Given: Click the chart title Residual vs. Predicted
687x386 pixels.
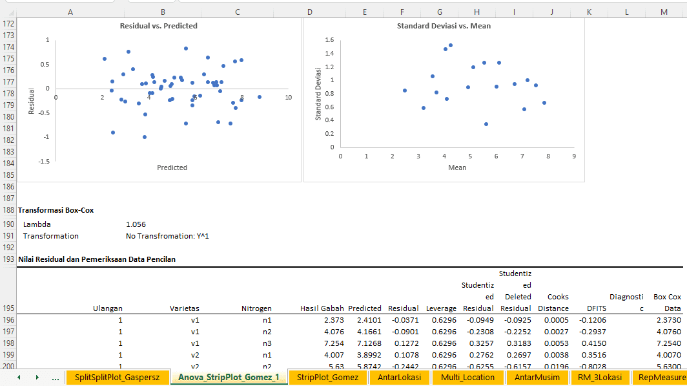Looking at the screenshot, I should (159, 26).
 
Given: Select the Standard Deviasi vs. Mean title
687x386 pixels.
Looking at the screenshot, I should (444, 26).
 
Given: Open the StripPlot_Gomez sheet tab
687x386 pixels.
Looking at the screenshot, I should (327, 377).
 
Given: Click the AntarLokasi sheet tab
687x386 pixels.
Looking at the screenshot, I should (399, 377).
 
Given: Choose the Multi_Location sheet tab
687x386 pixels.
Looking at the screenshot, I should (467, 377).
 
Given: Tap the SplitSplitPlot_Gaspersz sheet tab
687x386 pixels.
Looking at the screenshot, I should (118, 377).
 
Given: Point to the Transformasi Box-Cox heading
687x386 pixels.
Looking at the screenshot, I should (56, 210).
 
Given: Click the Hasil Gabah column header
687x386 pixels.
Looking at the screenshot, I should (322, 308).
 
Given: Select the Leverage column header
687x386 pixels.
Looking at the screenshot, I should (442, 308).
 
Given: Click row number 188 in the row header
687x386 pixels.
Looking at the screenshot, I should (8, 210).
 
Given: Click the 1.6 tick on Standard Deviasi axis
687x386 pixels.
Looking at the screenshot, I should (329, 40).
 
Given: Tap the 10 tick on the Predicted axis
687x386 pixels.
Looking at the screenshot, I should (288, 98).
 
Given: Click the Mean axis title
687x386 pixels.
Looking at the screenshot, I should (457, 167).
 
